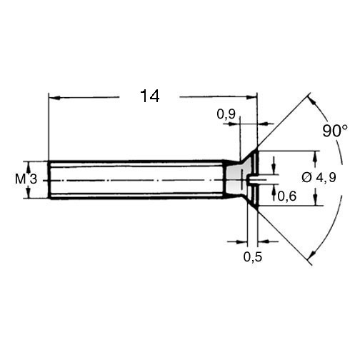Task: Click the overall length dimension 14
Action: [150, 96]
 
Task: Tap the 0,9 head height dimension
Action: [226, 114]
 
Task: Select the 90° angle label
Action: [335, 131]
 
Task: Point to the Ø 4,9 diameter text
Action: [319, 178]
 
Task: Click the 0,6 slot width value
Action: [286, 196]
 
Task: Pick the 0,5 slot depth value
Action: [253, 257]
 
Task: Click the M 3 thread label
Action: [26, 179]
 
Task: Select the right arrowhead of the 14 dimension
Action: [252, 97]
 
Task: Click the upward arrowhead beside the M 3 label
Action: [29, 166]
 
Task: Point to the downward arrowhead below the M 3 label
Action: [29, 193]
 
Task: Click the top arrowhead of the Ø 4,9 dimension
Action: [316, 156]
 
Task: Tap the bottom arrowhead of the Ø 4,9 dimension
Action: [316, 200]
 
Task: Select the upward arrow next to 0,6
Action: [274, 192]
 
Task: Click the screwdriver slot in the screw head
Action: [253, 179]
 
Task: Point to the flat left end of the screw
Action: [49, 180]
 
